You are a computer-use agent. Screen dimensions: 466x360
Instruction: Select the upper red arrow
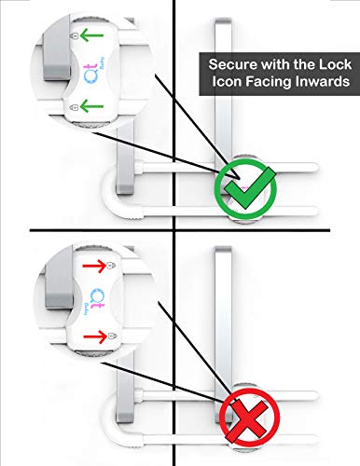click(x=89, y=267)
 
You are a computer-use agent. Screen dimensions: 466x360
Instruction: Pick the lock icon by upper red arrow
click(x=112, y=268)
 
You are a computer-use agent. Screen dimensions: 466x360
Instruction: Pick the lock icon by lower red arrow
click(x=112, y=334)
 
